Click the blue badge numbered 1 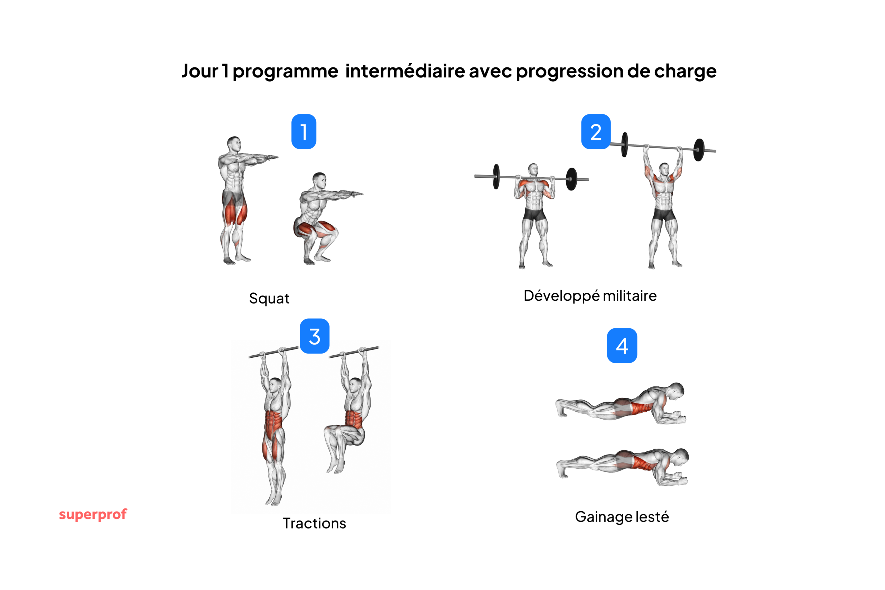point(304,132)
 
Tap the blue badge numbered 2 point(596,132)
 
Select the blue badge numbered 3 point(315,336)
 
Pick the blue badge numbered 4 point(622,345)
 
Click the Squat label point(269,298)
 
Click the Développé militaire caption point(590,296)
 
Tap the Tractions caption point(314,523)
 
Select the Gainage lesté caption point(622,517)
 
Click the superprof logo point(93,514)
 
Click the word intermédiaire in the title point(405,71)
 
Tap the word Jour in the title point(200,71)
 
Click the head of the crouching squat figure point(319,181)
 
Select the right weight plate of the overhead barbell point(698,150)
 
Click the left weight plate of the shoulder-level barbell point(496,177)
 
